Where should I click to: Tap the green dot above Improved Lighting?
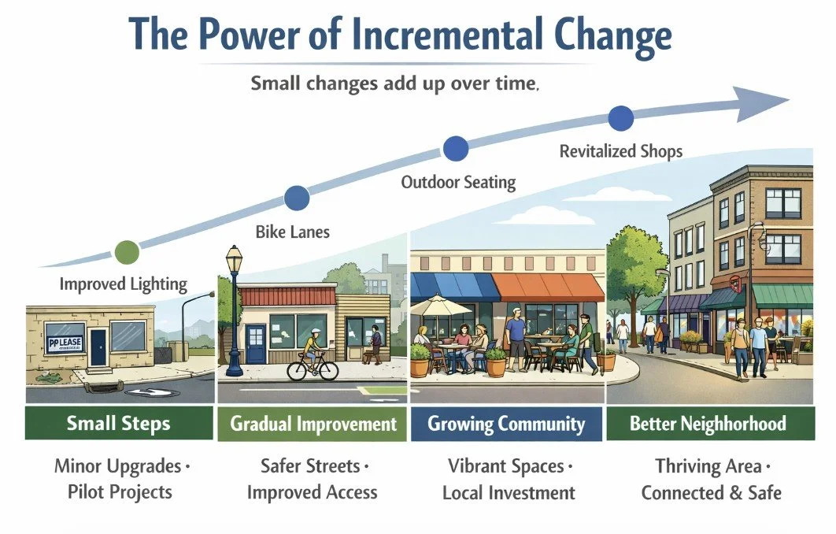(126, 251)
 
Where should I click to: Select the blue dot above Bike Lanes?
(296, 198)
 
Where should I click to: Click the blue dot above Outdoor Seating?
(455, 147)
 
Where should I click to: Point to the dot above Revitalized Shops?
(620, 118)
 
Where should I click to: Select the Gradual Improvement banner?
(313, 424)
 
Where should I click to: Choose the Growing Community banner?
(506, 424)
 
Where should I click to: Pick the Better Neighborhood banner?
(707, 424)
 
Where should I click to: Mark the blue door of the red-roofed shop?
(256, 343)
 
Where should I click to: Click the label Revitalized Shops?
(620, 150)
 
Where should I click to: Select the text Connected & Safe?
(711, 493)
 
